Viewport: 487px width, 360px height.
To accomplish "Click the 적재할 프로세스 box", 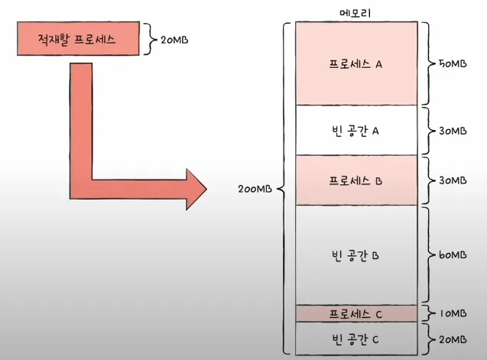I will (x=77, y=40).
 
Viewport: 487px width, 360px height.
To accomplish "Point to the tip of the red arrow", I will (x=205, y=186).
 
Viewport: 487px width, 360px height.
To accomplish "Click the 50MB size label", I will (x=450, y=64).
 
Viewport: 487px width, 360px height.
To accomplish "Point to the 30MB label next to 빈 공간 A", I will (x=450, y=131).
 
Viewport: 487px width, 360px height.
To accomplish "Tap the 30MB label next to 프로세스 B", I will (x=450, y=180).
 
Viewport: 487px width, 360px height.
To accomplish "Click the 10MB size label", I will (x=450, y=313).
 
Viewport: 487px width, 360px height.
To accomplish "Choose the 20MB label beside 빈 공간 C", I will (x=450, y=337).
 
